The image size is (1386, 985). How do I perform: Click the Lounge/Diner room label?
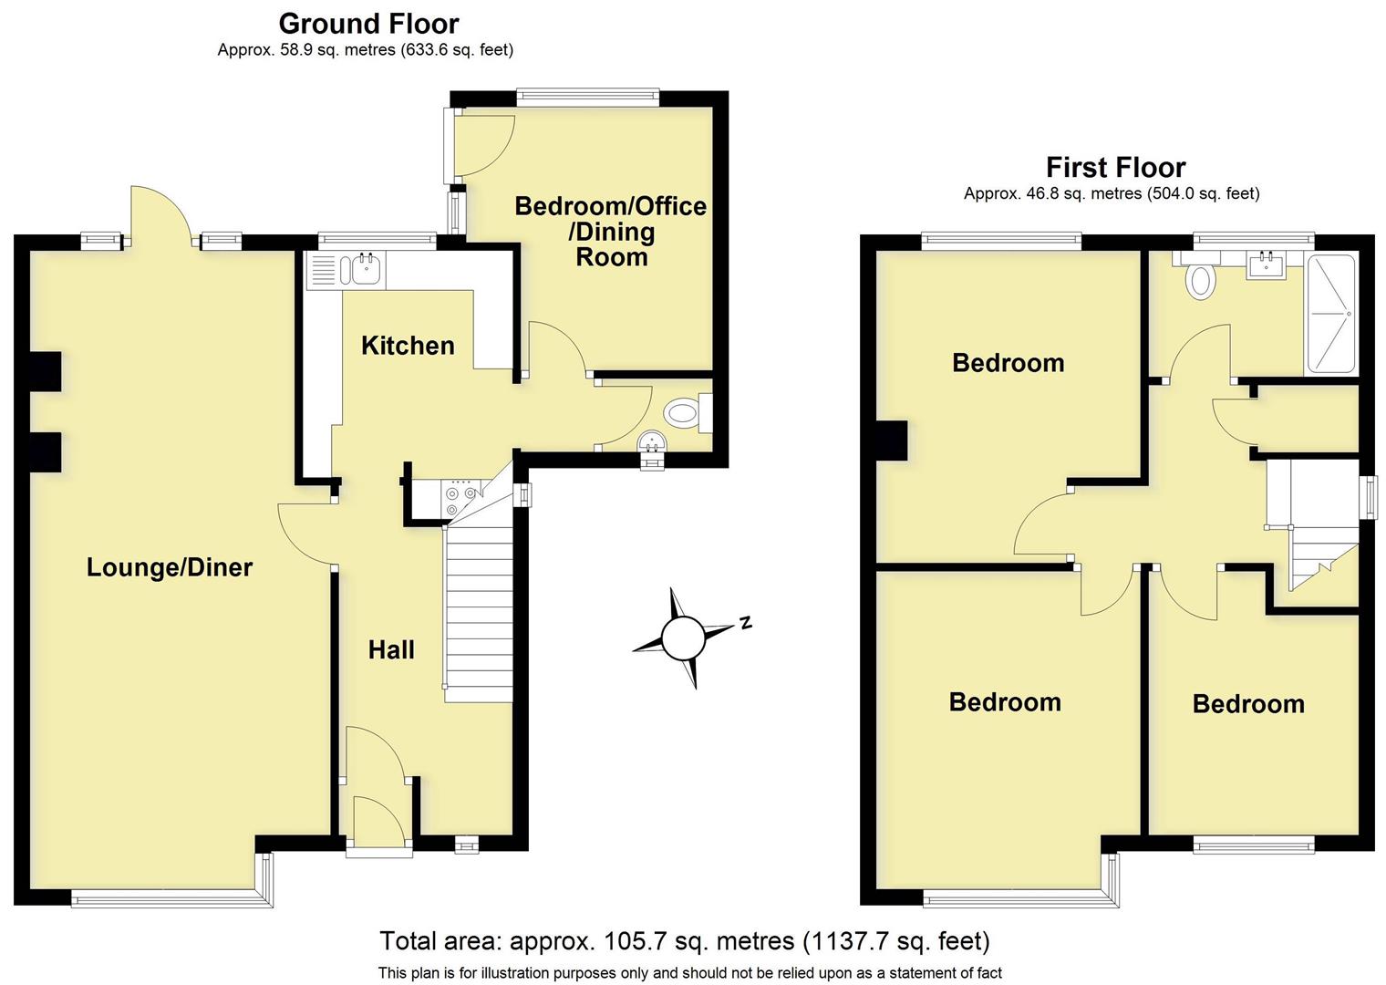point(170,567)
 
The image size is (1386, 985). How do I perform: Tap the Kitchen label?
point(408,346)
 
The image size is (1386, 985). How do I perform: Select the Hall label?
point(391,649)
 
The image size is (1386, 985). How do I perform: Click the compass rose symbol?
point(683,638)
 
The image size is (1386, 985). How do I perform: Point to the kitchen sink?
point(364,269)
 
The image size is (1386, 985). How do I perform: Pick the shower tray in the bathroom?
point(1332,314)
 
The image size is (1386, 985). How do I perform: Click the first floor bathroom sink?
point(1268,264)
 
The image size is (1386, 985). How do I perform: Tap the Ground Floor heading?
point(368,23)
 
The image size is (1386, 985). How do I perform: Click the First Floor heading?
point(1115,168)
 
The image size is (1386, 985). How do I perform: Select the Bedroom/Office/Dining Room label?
point(610,231)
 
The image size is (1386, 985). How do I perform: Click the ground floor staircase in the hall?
point(479,611)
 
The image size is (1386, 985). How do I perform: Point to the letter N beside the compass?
point(745,623)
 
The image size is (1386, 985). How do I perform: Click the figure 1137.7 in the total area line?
point(843,940)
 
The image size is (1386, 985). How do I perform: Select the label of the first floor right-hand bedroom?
point(1247,703)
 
